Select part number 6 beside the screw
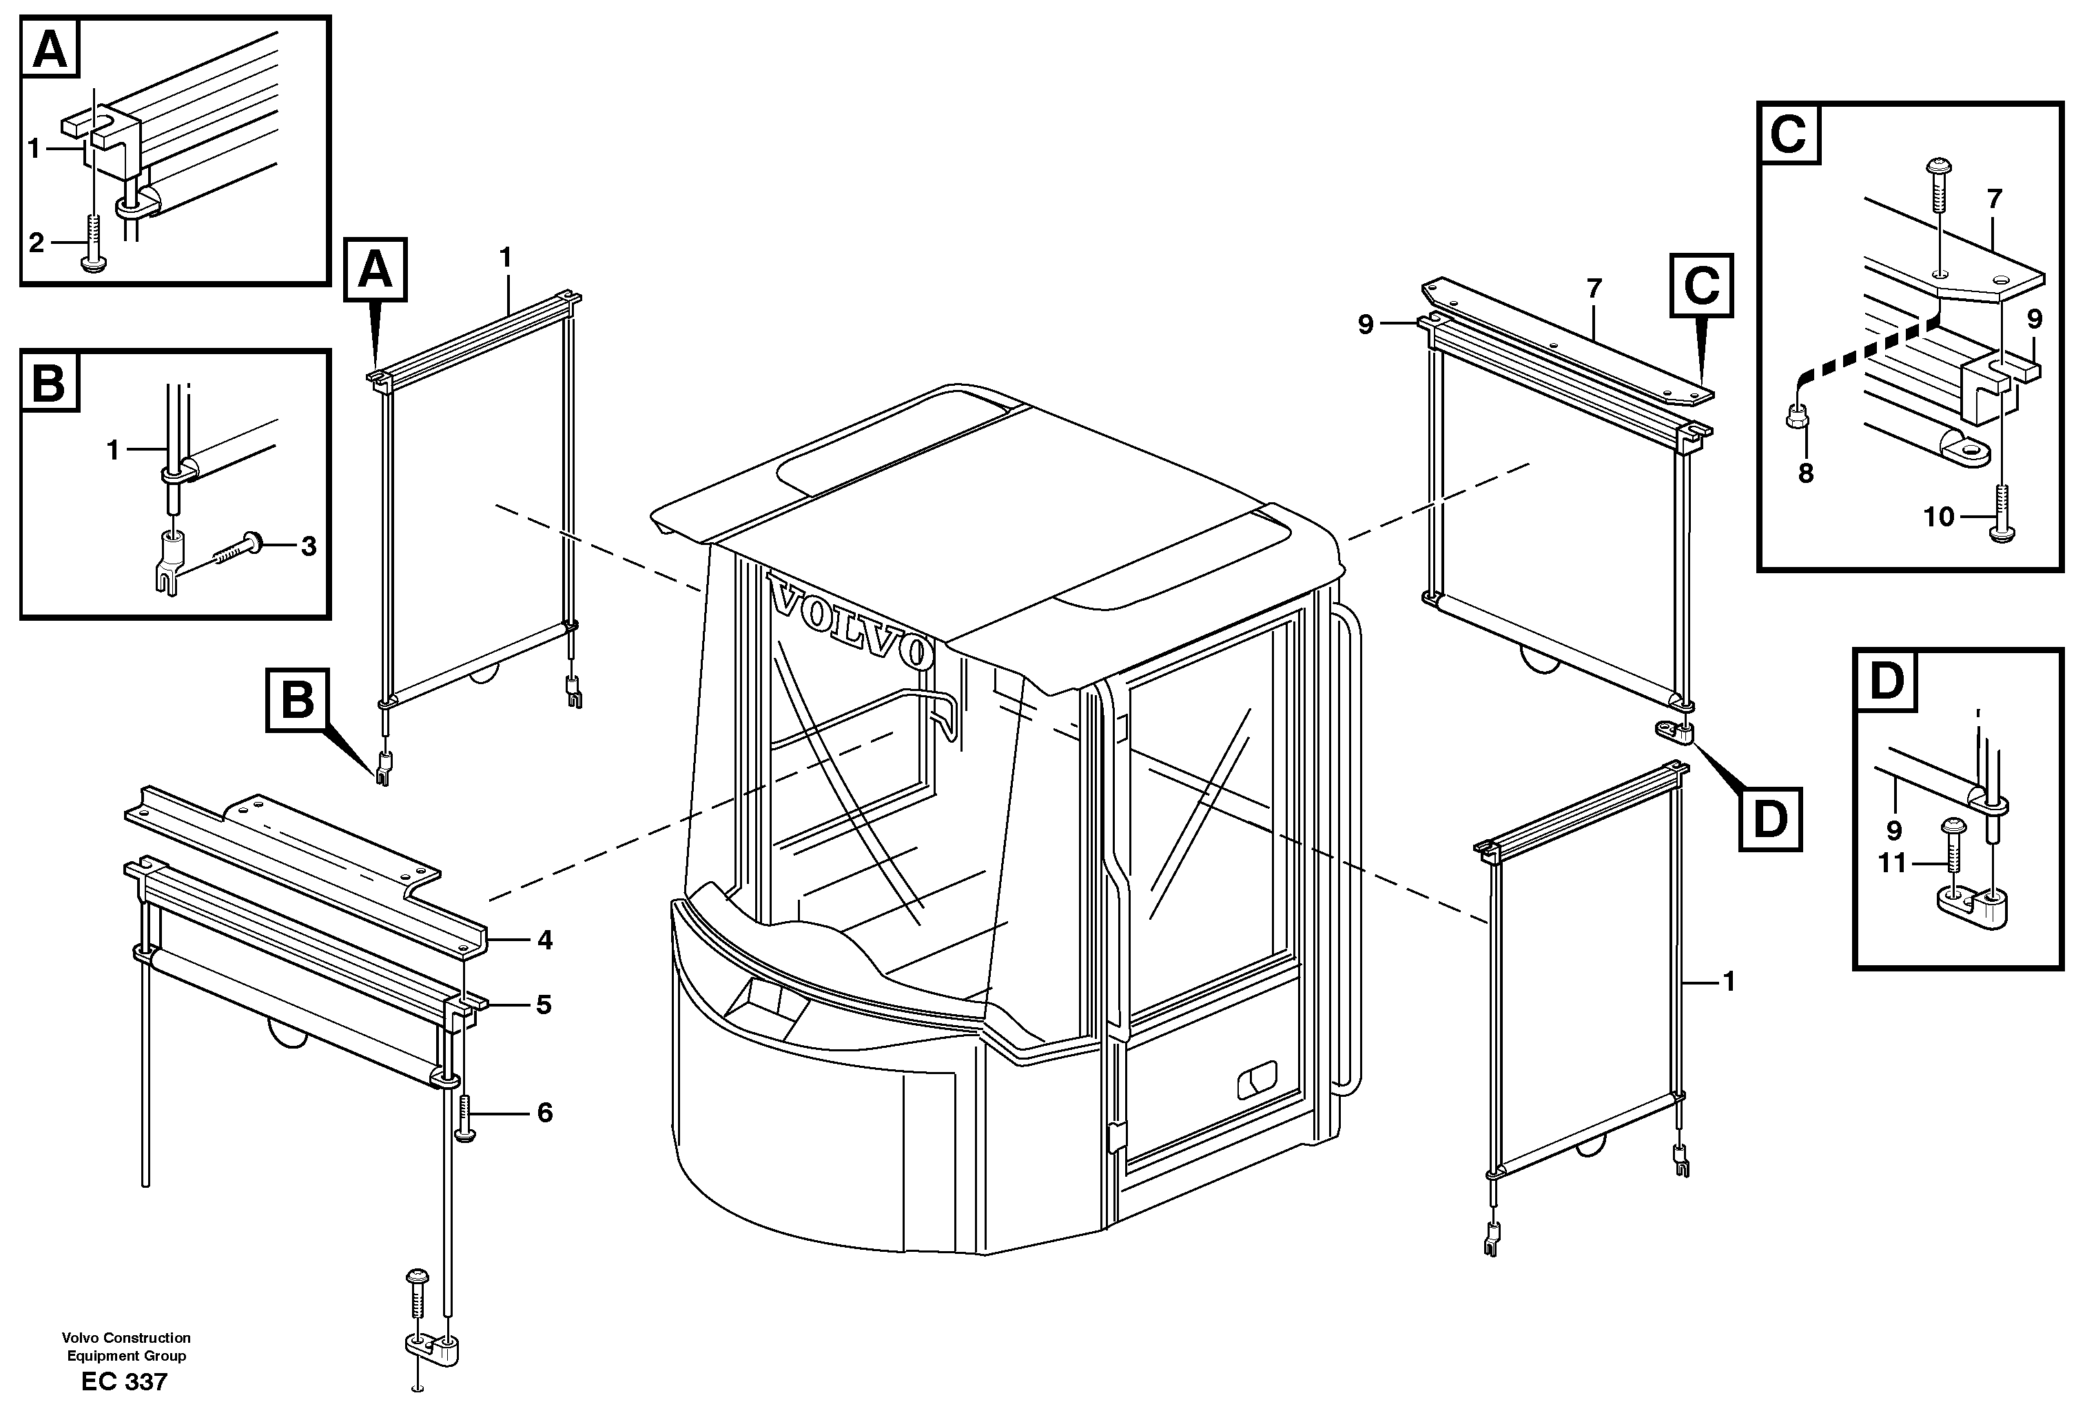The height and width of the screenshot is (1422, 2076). pyautogui.click(x=544, y=1113)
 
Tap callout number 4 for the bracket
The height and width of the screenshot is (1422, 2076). pyautogui.click(x=544, y=940)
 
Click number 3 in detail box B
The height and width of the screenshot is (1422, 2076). pyautogui.click(x=308, y=546)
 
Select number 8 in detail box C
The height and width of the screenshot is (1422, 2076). pyautogui.click(x=1805, y=473)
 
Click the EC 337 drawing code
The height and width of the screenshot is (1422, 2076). pyautogui.click(x=124, y=1382)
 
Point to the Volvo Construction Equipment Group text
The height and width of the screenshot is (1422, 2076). pyautogui.click(x=126, y=1346)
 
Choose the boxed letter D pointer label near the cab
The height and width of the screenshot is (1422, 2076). pyautogui.click(x=1769, y=818)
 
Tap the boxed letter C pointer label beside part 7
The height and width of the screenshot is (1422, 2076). pyautogui.click(x=1700, y=286)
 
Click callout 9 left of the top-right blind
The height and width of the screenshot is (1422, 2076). pyautogui.click(x=1365, y=324)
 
